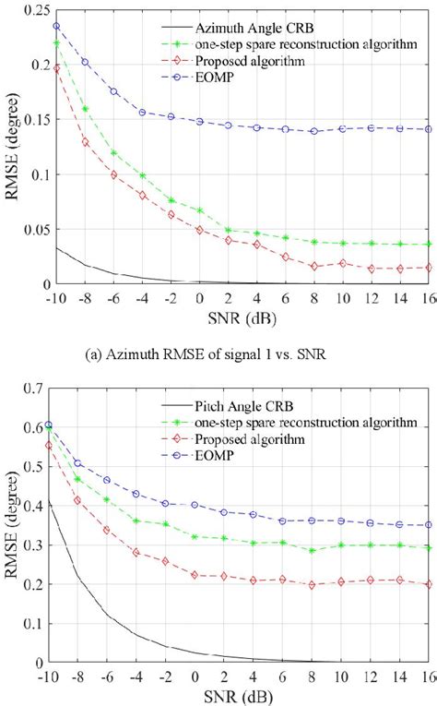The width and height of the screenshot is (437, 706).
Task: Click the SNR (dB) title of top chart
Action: (x=242, y=316)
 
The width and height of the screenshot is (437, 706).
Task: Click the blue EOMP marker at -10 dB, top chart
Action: (x=57, y=26)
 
